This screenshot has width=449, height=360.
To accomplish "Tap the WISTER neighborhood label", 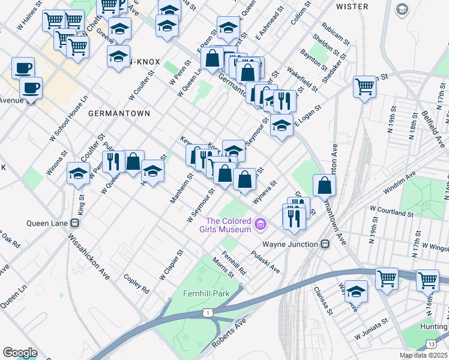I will click(352, 7).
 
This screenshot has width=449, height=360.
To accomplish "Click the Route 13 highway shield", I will click(431, 343).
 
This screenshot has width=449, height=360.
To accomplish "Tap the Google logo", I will click(20, 352).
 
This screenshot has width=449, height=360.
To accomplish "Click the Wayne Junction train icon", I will click(325, 244).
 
